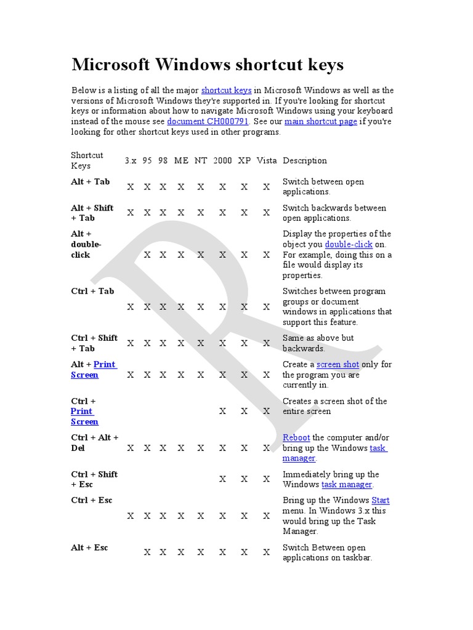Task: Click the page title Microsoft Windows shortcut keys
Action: pos(208,65)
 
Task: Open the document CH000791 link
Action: pos(201,122)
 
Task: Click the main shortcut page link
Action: pos(320,122)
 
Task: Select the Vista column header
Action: pos(267,161)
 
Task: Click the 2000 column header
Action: pos(222,161)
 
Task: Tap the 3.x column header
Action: pos(131,161)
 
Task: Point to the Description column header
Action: pos(304,161)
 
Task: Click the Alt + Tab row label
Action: pos(90,181)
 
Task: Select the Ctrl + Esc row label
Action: pos(92,500)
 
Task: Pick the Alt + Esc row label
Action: pos(89,548)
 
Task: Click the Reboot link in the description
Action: pos(296,437)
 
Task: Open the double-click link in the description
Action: pos(349,244)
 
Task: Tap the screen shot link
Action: pos(338,364)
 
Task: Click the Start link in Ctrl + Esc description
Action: pos(380,500)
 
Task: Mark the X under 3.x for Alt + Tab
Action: pos(131,187)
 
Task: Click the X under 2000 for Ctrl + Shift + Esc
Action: pos(222,479)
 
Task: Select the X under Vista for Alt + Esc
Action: pos(267,552)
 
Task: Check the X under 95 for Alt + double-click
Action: pos(147,255)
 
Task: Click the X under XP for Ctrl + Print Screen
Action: pos(245,412)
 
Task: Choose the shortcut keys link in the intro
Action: pos(226,90)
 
